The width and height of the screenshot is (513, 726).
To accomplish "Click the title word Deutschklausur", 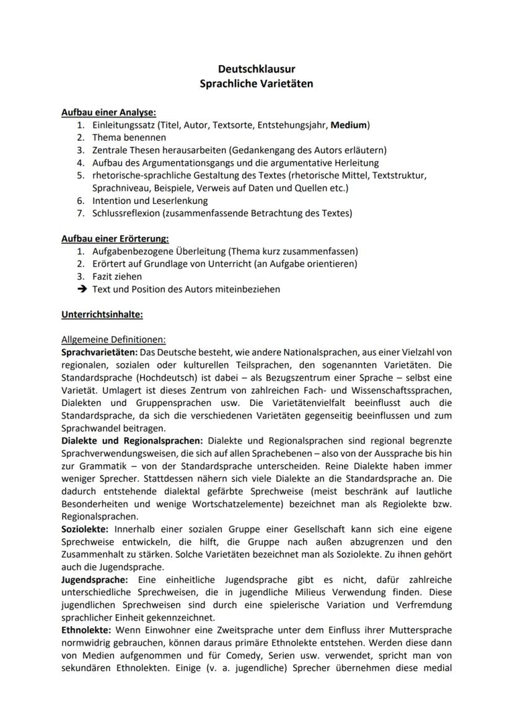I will click(x=256, y=70).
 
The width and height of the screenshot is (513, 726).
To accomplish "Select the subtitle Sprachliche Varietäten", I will click(x=256, y=83).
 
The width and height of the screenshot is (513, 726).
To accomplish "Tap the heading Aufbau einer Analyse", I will click(x=108, y=112).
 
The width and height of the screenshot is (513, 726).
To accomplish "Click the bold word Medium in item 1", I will click(x=349, y=125).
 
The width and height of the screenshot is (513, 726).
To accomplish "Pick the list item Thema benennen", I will click(x=129, y=138).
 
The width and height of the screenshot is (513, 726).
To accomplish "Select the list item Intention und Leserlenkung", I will click(x=150, y=201).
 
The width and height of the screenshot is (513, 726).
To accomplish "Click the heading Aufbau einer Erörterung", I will click(x=115, y=239).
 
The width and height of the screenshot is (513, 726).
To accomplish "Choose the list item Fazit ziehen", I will click(x=117, y=277).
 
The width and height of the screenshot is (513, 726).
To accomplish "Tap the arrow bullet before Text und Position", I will click(x=81, y=289).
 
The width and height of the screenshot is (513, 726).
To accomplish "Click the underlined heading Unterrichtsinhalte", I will click(x=102, y=314).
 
